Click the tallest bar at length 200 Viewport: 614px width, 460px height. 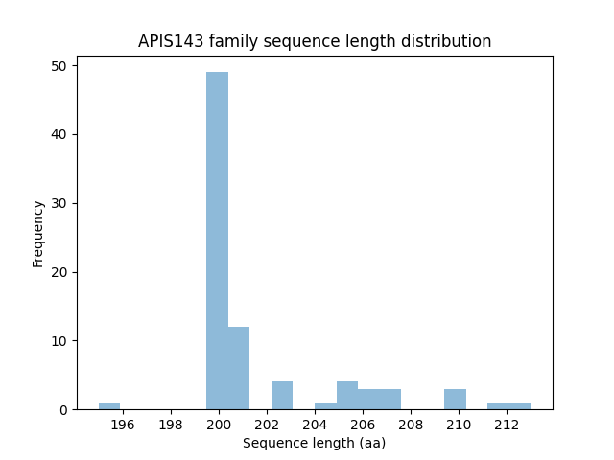coord(217,240)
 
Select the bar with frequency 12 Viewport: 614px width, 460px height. coord(239,368)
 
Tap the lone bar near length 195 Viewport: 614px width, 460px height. coord(109,405)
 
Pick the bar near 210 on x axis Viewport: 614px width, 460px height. coord(455,399)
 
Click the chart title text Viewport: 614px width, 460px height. coord(315,41)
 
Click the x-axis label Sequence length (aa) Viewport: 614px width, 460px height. coord(314,443)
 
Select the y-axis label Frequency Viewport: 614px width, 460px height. coord(38,233)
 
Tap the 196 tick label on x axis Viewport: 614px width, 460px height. coord(123,425)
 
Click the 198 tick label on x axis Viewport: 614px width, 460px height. coord(171,425)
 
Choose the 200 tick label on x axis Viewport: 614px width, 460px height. coord(219,425)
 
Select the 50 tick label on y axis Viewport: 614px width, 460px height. coord(59,66)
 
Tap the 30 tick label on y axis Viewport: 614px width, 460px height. coord(59,203)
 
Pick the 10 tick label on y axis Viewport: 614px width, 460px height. coord(59,341)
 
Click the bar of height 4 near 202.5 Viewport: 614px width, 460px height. coord(282,396)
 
